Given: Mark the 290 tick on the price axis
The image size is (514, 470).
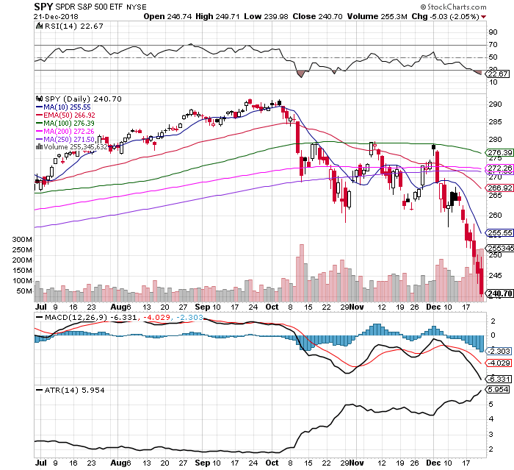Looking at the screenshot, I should [493, 104].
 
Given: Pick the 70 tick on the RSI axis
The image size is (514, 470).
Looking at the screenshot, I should [489, 46].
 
